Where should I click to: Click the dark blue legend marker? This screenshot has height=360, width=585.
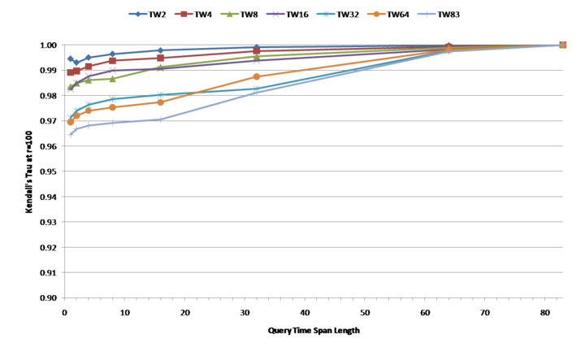coord(137,14)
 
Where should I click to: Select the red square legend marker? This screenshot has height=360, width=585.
coord(184,14)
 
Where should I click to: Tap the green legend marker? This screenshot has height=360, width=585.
coord(229,14)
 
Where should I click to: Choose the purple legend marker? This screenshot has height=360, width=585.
coord(275,14)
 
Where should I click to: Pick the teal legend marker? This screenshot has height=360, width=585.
coord(326,14)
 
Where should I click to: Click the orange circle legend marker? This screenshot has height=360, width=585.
coord(376,14)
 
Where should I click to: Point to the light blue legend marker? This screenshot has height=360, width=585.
coord(427,14)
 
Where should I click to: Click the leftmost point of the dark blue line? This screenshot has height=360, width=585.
coord(70,58)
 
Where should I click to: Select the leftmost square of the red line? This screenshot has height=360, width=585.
coord(70,72)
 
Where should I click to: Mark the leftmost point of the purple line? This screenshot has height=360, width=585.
coord(70,90)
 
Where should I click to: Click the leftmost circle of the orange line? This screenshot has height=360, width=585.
coord(70,123)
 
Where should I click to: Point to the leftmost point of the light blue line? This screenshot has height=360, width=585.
coord(70,134)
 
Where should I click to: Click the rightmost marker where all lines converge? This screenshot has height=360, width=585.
coord(562,45)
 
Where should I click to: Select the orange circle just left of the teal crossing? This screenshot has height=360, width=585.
coord(161,102)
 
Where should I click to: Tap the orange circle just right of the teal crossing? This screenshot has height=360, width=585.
coord(257,76)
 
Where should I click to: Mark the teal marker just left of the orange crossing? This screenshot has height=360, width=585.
coord(161,95)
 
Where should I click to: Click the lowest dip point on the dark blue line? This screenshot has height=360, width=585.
coord(76,62)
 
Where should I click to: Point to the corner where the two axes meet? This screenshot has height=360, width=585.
coord(64,298)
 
